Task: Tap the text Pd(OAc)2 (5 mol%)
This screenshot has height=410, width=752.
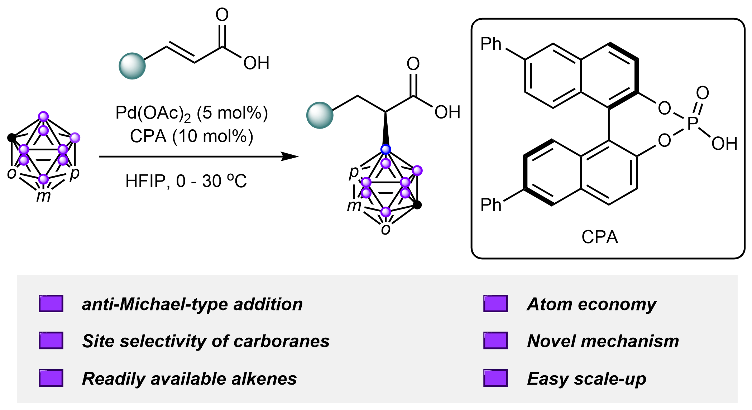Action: [x=191, y=113]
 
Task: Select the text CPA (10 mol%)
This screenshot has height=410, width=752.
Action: [x=191, y=136]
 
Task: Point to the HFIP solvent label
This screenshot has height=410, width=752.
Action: [x=145, y=181]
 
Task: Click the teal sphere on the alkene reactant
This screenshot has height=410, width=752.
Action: [x=132, y=66]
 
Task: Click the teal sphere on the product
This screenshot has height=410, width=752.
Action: [x=320, y=115]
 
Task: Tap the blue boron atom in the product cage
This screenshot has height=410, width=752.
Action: [x=385, y=149]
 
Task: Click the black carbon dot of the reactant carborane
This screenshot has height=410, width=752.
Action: [x=11, y=137]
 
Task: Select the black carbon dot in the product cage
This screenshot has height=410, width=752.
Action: [x=417, y=205]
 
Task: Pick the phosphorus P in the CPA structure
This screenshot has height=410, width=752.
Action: [x=693, y=123]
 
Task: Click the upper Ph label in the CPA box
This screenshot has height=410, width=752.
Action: [x=491, y=44]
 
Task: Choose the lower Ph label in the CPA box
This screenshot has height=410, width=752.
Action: [x=491, y=205]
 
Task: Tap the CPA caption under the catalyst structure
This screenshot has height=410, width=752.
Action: [x=600, y=237]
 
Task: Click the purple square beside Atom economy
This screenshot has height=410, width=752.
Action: [x=495, y=304]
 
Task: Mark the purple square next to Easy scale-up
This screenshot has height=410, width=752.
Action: [x=495, y=378]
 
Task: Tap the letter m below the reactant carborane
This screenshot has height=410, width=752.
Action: [x=43, y=196]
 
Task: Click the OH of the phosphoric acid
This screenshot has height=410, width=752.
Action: [x=724, y=144]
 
